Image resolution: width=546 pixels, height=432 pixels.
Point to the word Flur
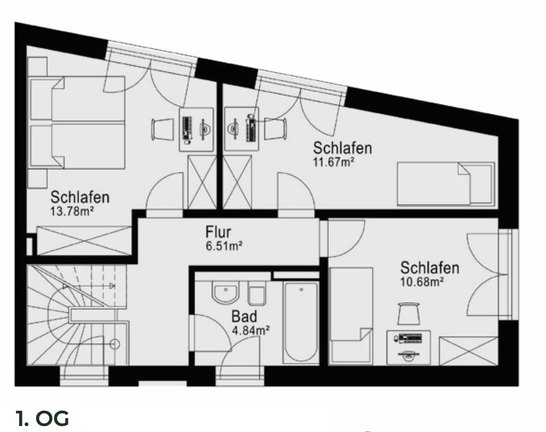(218, 233)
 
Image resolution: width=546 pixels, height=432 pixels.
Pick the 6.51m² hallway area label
(224, 245)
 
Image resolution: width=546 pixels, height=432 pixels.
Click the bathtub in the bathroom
(301, 322)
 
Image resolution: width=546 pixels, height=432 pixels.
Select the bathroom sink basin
(225, 292)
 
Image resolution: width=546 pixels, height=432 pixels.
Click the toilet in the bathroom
(256, 294)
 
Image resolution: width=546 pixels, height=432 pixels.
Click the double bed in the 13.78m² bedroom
(78, 122)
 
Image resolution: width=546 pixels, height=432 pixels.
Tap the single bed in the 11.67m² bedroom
(445, 184)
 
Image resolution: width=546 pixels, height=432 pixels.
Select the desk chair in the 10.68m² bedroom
(409, 311)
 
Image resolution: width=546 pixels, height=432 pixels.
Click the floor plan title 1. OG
(43, 419)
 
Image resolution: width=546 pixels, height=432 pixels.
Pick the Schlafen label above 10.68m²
(430, 268)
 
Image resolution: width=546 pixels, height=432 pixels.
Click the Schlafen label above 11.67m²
(343, 148)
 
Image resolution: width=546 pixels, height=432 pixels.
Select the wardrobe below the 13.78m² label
(84, 241)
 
